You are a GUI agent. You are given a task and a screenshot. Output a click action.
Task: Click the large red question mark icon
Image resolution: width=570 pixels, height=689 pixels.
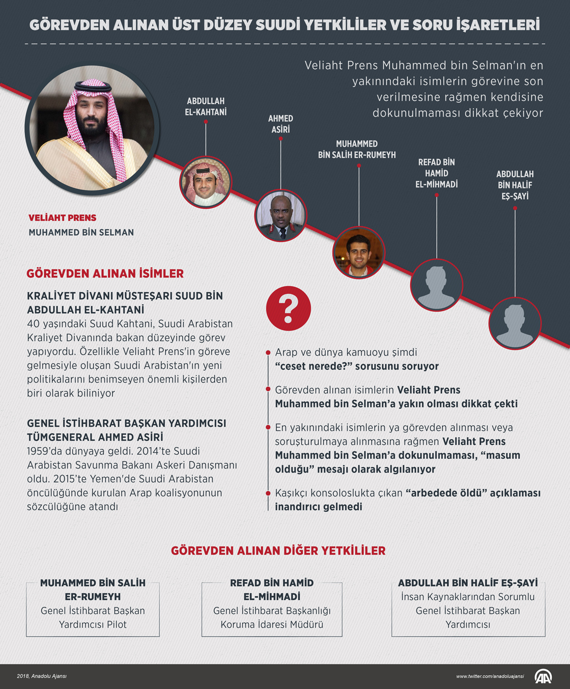pos(288,308)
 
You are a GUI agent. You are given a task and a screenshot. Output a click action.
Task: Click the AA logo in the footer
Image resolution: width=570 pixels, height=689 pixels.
pos(543,676)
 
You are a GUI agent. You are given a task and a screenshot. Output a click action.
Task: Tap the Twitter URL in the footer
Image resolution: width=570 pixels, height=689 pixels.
pos(490,676)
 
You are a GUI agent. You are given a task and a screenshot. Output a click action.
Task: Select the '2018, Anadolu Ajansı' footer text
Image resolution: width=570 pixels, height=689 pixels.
pos(42,676)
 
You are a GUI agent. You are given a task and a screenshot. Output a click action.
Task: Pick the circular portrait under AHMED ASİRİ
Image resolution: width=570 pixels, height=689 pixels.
pos(280,215)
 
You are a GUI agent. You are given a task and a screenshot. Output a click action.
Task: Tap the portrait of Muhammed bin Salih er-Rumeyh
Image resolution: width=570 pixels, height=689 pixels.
pos(359,253)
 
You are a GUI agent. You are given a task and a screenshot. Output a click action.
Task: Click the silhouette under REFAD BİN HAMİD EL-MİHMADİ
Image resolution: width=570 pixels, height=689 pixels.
pos(437,285)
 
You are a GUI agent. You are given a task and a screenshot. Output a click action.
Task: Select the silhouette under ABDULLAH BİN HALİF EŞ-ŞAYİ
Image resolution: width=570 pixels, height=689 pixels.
pos(515,323)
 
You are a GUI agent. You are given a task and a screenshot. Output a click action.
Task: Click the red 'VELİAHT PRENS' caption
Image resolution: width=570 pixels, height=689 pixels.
pos(62,218)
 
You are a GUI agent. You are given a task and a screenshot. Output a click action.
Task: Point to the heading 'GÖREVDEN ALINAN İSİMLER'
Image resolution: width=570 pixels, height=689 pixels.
pos(105,273)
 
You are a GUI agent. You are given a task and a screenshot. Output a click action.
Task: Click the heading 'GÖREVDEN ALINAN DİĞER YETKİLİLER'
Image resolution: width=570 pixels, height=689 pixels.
pos(278,550)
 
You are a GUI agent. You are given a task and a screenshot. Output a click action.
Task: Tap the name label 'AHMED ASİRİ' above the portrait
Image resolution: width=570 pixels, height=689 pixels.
pos(280,124)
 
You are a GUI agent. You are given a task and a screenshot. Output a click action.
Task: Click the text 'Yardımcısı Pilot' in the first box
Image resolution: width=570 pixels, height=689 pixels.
pos(93,624)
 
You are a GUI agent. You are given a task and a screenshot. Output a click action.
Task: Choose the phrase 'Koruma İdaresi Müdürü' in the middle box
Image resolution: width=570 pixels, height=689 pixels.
pos(272,624)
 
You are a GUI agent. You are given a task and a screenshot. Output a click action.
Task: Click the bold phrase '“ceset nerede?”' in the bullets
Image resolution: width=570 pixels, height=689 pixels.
pos(313,366)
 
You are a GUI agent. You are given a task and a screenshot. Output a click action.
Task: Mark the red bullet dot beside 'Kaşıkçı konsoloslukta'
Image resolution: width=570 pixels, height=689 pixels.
pos(268,493)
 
